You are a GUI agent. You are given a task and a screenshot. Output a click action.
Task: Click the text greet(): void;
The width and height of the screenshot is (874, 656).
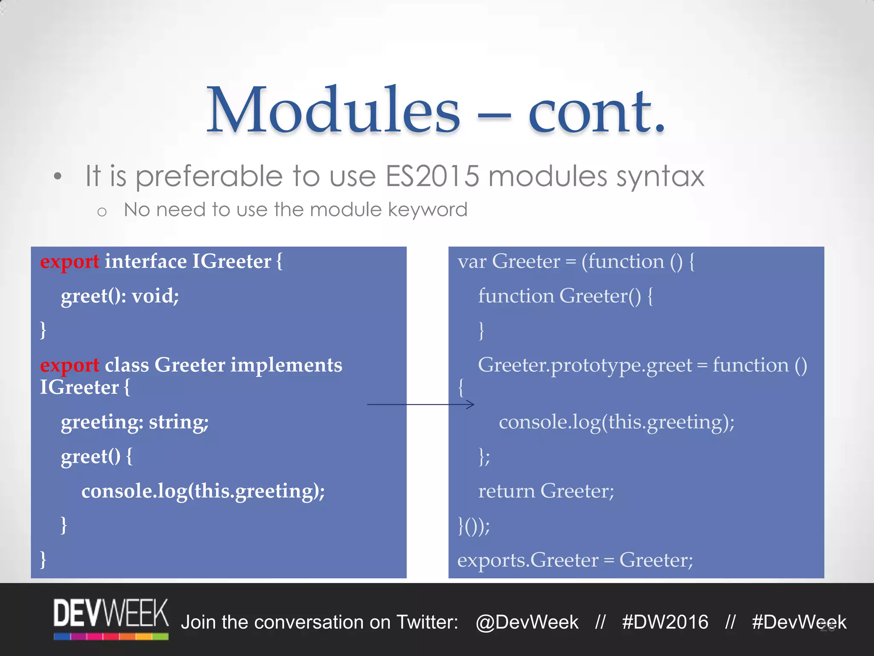tap(120, 296)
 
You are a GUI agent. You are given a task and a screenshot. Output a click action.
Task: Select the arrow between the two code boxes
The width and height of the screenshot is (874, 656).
tap(420, 404)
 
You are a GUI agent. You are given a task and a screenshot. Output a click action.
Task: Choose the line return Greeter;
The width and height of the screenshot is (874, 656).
tap(546, 491)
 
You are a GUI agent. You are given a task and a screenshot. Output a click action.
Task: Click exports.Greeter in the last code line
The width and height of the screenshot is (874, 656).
tap(528, 560)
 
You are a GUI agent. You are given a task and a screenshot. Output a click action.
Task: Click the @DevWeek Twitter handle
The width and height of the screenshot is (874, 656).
tap(527, 622)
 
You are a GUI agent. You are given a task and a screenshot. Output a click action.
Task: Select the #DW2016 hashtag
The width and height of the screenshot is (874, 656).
tap(665, 622)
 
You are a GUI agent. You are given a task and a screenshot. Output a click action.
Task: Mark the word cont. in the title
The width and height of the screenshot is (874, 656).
tap(597, 110)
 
